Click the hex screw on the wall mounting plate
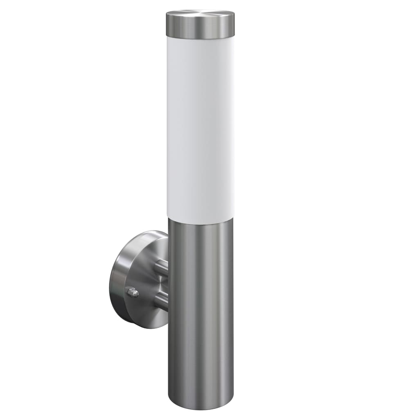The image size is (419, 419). pyautogui.click(x=133, y=292)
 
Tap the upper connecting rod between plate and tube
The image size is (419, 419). pyautogui.click(x=162, y=267)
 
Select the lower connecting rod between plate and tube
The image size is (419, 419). pyautogui.click(x=162, y=302)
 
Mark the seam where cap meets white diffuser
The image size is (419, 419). pyautogui.click(x=200, y=40)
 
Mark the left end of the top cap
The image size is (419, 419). pyautogui.click(x=167, y=25)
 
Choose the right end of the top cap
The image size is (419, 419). pyautogui.click(x=234, y=25)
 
